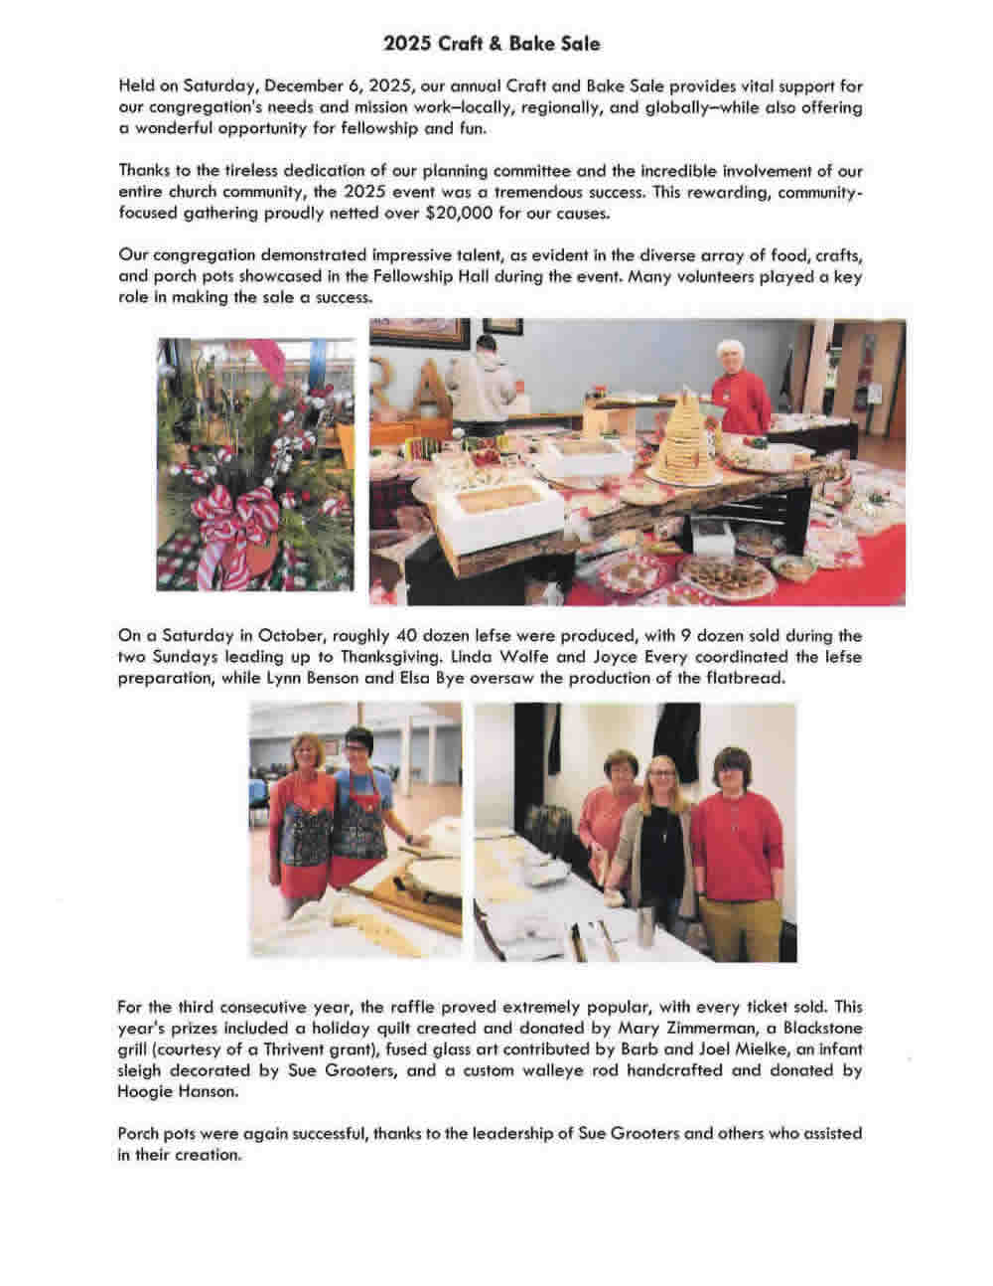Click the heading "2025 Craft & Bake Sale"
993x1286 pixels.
point(492,44)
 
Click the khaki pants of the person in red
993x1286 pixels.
point(737,914)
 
